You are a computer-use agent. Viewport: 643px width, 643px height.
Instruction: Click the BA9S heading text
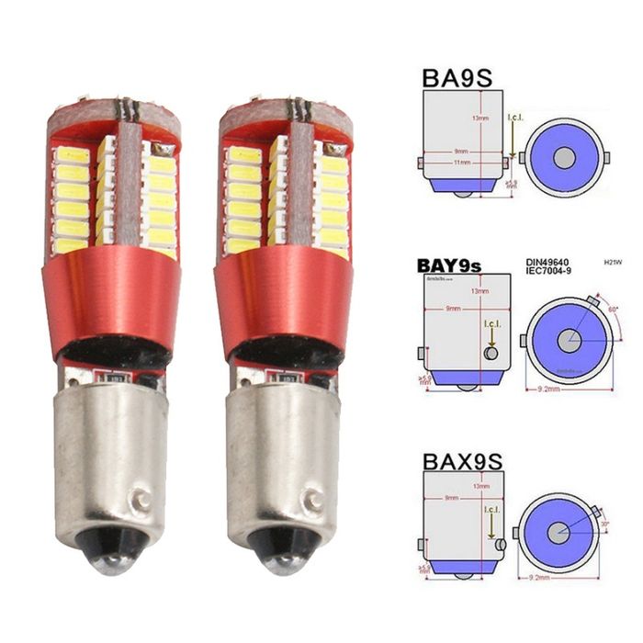(457, 75)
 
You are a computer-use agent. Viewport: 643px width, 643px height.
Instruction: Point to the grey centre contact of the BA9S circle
(564, 157)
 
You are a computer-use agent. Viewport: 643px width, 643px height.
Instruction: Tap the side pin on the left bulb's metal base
(141, 502)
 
